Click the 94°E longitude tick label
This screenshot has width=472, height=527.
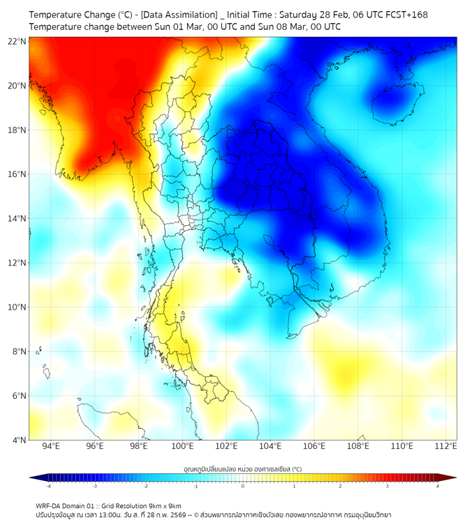(x=51, y=446)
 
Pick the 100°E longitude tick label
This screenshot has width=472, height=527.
(x=183, y=446)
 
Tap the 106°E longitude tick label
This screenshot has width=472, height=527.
(x=315, y=446)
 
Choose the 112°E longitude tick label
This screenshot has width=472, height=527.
(x=446, y=446)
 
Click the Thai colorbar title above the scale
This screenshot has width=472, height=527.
(x=242, y=470)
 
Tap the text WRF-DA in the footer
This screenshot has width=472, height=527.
(x=48, y=506)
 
